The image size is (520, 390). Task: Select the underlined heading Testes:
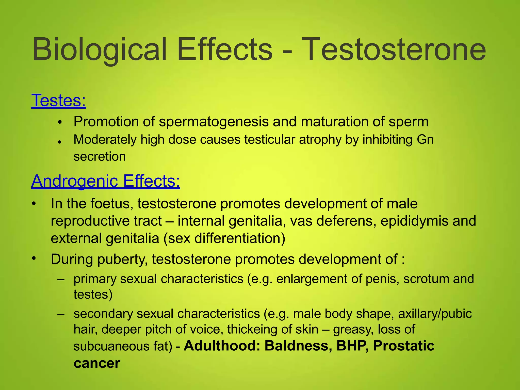(x=58, y=101)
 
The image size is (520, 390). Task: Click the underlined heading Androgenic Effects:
(x=106, y=181)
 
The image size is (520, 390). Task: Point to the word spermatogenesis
(x=214, y=122)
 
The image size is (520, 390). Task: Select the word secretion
(x=100, y=157)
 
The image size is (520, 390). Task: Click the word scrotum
(x=426, y=279)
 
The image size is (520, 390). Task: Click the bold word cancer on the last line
(x=97, y=363)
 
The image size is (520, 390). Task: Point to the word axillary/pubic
(x=435, y=314)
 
